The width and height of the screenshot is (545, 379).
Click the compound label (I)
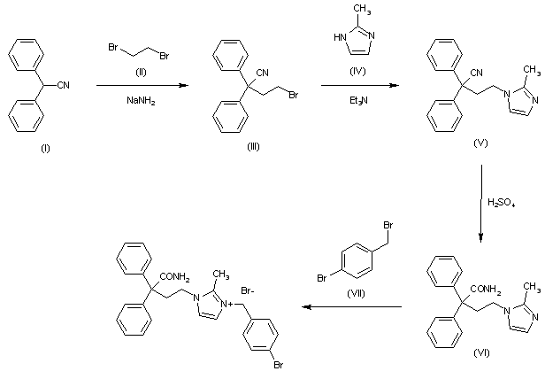[46, 148]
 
